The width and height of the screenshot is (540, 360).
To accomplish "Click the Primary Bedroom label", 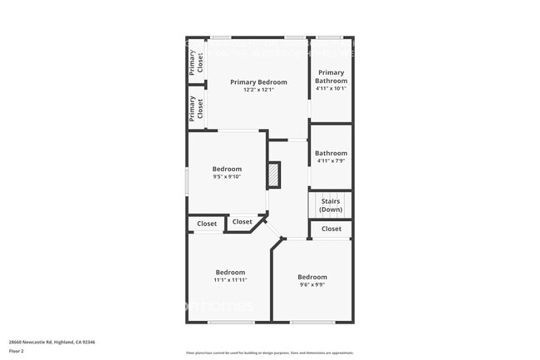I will [258, 82].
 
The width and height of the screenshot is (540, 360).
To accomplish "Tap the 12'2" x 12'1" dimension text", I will [258, 90].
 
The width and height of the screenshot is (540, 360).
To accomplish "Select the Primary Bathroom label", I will [331, 76].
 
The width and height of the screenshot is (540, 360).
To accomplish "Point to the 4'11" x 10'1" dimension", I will [331, 88].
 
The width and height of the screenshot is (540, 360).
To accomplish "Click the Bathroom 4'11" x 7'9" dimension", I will [331, 160].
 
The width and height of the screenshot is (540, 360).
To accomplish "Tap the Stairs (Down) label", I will [331, 205].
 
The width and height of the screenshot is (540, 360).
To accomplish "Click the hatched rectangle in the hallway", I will [274, 175].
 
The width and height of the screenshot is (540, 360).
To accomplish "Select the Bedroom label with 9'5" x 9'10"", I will [227, 169].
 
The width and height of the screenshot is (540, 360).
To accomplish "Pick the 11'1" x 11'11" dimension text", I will [230, 280].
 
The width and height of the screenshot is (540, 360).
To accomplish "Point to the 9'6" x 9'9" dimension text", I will [312, 284].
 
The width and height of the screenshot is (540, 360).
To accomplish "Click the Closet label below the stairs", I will [331, 229].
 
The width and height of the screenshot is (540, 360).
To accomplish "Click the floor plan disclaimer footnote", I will [269, 352].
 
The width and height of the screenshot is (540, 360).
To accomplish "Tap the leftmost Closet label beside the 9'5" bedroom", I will [207, 224].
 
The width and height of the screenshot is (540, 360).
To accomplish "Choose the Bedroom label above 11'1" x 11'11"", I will [230, 273].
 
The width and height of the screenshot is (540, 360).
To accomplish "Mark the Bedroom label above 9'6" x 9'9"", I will [312, 277].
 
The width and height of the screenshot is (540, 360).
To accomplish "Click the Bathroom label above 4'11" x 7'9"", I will [331, 153].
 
